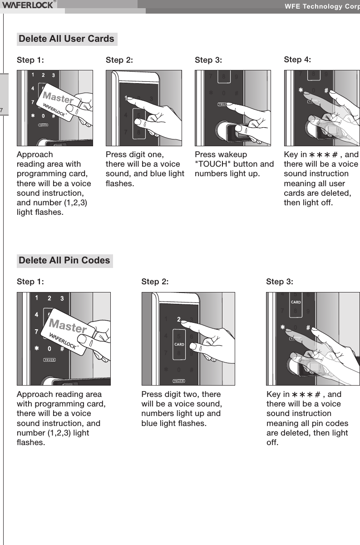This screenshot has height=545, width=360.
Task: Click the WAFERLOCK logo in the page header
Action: (x=28, y=5)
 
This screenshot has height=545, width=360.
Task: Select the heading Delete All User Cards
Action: (x=67, y=39)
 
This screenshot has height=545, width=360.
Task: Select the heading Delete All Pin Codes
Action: (x=64, y=261)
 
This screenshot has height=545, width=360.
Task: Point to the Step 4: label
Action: (x=297, y=59)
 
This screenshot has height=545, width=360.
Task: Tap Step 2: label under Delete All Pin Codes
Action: (x=155, y=282)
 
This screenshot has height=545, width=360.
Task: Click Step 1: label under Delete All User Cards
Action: (x=30, y=60)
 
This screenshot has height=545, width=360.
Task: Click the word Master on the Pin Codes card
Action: (x=68, y=326)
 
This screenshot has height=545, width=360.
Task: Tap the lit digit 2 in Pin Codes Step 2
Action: (x=179, y=319)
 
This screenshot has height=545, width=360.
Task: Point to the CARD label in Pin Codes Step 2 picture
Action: (x=179, y=344)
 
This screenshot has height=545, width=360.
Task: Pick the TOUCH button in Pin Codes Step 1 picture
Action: (x=49, y=360)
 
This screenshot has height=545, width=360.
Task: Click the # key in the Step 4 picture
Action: (x=326, y=90)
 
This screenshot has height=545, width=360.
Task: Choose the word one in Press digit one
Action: (x=157, y=154)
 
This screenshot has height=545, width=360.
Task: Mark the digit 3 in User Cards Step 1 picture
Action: (x=53, y=75)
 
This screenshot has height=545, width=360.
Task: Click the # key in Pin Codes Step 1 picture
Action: (x=62, y=349)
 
